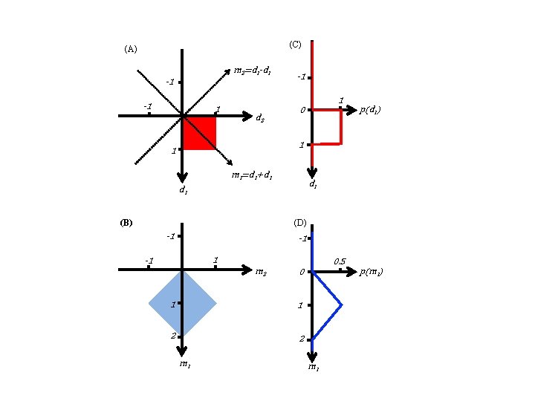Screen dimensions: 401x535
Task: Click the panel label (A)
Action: click(x=131, y=50)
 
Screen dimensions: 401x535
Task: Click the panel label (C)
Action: click(x=294, y=45)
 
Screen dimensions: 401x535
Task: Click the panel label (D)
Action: click(x=300, y=222)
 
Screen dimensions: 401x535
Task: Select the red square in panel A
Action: click(x=199, y=133)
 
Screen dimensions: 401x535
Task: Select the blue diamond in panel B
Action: click(x=182, y=303)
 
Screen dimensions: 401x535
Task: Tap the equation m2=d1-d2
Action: click(x=252, y=71)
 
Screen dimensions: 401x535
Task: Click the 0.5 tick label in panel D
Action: click(x=340, y=261)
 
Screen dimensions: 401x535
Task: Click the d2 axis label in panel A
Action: click(x=262, y=117)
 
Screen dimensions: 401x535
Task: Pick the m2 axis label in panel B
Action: click(x=262, y=273)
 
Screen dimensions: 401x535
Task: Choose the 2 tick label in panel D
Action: click(x=301, y=339)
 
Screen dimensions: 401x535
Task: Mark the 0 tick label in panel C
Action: click(x=302, y=111)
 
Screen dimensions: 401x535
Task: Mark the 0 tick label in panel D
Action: click(x=302, y=273)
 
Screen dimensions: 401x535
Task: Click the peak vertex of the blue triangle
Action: click(x=341, y=304)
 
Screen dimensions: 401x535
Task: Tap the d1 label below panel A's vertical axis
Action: click(x=183, y=190)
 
